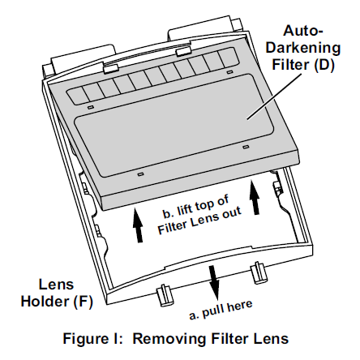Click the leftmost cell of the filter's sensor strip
[x=77, y=95]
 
